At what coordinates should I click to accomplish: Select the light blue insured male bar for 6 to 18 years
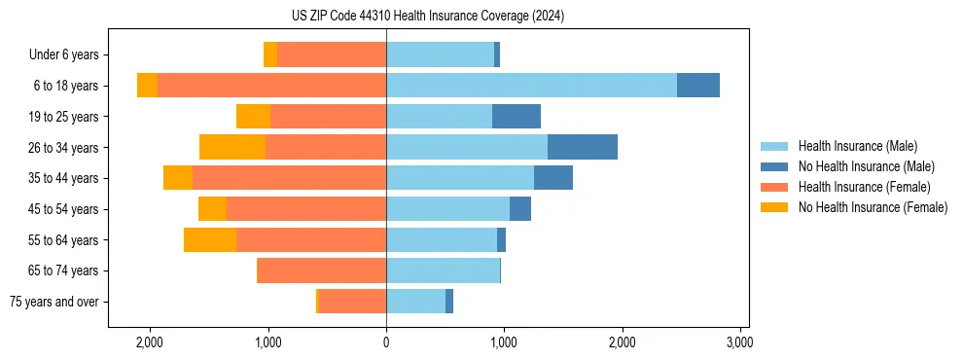pyautogui.click(x=531, y=86)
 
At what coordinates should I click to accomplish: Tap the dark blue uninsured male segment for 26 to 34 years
pyautogui.click(x=582, y=147)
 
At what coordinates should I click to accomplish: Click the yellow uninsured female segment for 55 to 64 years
pyautogui.click(x=210, y=239)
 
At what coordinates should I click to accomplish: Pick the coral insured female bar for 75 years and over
pyautogui.click(x=352, y=302)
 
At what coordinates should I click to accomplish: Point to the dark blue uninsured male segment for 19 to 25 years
pyautogui.click(x=516, y=117)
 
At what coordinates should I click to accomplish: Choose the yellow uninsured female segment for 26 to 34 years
pyautogui.click(x=232, y=147)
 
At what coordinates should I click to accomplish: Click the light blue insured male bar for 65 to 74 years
pyautogui.click(x=443, y=270)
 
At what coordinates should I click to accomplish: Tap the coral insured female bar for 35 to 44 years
pyautogui.click(x=289, y=178)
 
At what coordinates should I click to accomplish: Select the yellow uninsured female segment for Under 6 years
pyautogui.click(x=270, y=54)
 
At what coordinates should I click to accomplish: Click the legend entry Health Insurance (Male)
pyautogui.click(x=857, y=146)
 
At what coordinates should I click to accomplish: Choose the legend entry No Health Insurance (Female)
pyautogui.click(x=873, y=207)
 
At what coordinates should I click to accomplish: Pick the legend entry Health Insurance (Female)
pyautogui.click(x=864, y=187)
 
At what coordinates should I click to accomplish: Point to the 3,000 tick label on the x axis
pyautogui.click(x=739, y=342)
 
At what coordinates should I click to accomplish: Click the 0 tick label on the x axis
pyautogui.click(x=386, y=342)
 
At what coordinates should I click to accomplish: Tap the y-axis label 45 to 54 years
pyautogui.click(x=63, y=209)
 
